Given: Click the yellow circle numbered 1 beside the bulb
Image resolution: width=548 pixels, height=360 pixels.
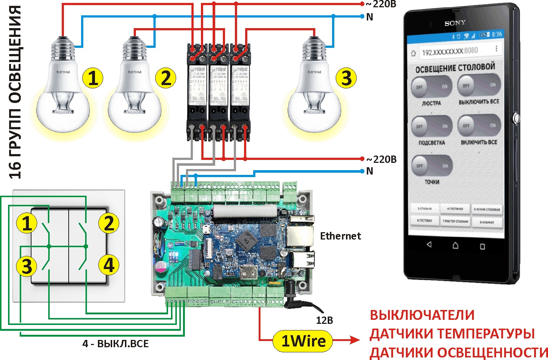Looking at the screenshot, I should point(93,78).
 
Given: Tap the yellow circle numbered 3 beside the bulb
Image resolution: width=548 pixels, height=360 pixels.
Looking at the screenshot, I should point(346,78).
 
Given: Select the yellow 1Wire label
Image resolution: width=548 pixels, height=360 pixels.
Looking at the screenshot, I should point(303,341).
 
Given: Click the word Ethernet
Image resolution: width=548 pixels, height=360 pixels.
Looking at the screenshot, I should point(340,236).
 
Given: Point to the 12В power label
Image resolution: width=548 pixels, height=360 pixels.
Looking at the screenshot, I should point(324,320).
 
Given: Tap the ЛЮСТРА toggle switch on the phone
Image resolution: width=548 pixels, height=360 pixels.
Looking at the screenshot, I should point(431,87).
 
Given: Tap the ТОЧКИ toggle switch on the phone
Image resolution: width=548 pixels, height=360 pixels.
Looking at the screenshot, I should point(432,165).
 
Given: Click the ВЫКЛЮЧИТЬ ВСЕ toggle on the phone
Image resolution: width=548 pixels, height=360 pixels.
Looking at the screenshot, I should point(479,85).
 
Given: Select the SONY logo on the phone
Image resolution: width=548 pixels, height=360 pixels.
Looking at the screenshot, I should point(455,23).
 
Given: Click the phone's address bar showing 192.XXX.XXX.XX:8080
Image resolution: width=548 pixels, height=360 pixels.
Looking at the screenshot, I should point(450,51).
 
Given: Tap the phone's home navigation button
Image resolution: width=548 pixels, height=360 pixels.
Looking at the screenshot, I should point(455,245).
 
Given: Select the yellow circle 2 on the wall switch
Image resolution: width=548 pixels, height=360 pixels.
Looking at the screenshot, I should point(109,223).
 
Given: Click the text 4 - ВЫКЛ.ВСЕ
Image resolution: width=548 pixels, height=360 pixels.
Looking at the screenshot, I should point(115,344).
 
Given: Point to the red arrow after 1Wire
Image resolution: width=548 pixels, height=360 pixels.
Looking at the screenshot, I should point(347,340).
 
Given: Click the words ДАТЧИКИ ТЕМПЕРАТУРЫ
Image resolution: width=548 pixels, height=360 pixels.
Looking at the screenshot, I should point(452,334).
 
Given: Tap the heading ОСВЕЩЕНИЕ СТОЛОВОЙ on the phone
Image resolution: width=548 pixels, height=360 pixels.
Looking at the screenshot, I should point(455,68).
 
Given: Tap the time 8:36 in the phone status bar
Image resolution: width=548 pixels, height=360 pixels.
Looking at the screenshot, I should point(497,34).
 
